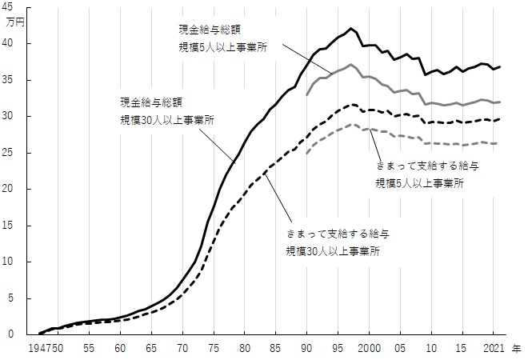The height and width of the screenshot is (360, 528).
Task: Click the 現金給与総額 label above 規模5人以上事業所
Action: point(208,30)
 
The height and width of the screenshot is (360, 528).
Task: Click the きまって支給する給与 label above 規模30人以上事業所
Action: point(340,234)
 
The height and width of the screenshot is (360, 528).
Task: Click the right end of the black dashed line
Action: point(502,119)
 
